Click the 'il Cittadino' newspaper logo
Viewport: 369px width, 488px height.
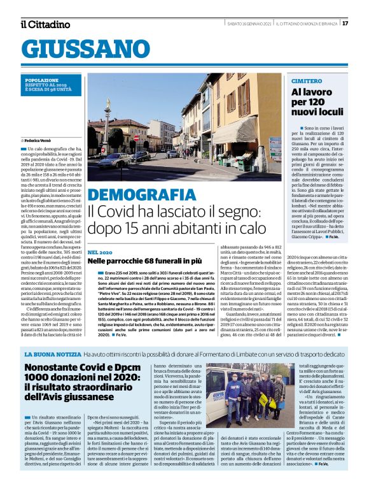[45, 24]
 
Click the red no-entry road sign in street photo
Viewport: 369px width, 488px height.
[135, 138]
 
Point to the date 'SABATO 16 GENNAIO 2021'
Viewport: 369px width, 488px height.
[251, 24]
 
